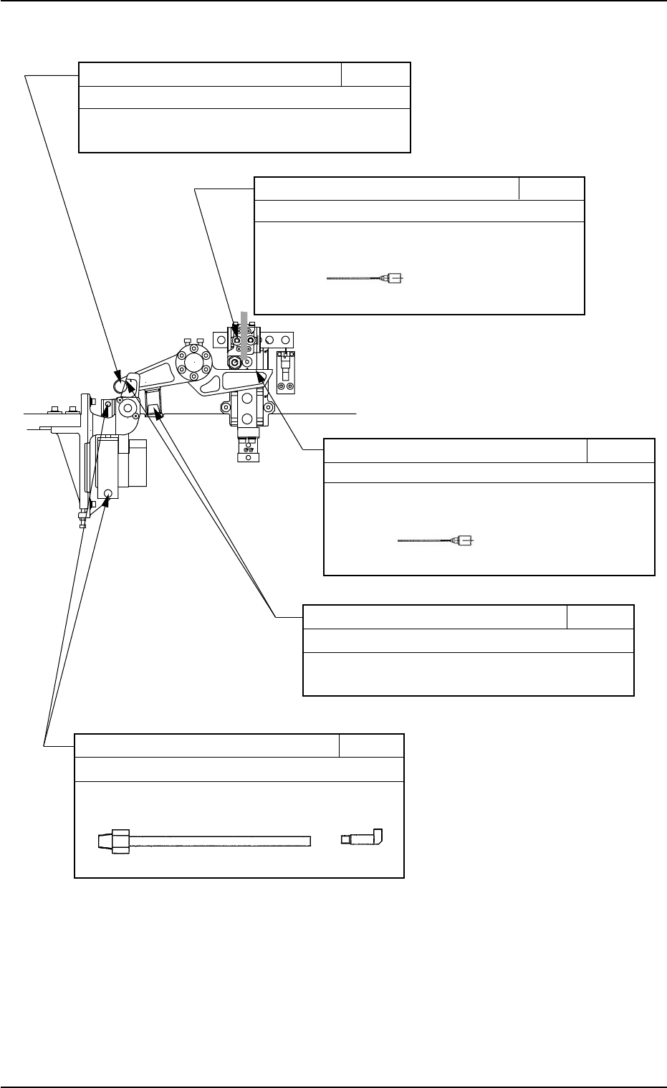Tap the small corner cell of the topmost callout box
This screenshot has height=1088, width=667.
[375, 75]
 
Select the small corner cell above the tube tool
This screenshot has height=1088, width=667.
[371, 745]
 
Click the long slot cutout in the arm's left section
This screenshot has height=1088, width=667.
[156, 373]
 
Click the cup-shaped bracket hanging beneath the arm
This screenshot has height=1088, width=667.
[153, 404]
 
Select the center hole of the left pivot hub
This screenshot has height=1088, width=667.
[128, 409]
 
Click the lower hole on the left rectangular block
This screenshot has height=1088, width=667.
[107, 493]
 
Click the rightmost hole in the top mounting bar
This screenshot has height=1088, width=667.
[287, 338]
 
